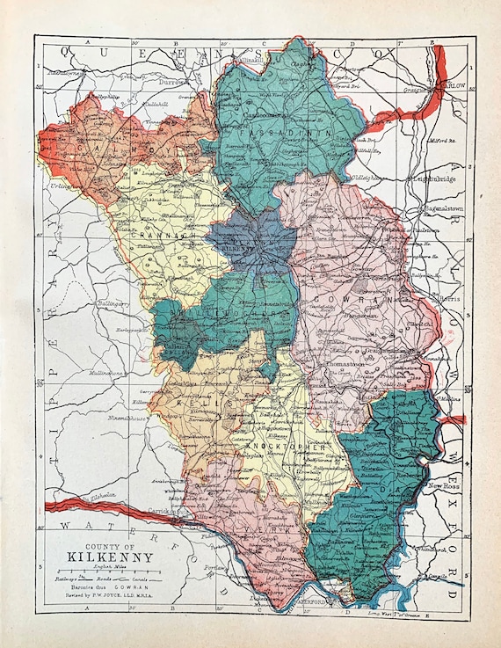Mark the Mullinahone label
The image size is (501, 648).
click(106, 374)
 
